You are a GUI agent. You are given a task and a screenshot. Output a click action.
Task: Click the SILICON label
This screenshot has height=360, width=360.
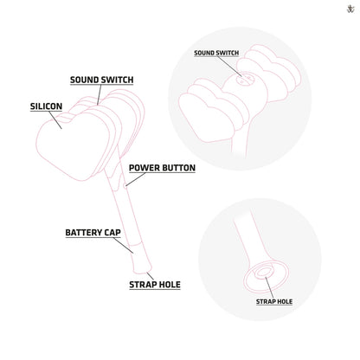click(x=46, y=106)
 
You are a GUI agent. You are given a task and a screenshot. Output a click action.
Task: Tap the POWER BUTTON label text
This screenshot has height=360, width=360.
click(x=162, y=168)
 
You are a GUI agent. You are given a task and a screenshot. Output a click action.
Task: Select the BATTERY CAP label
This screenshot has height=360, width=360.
click(x=93, y=233)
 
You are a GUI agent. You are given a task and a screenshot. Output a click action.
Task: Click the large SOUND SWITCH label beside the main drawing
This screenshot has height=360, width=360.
click(x=102, y=80)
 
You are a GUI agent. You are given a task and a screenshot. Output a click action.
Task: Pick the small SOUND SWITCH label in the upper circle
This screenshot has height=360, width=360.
click(x=216, y=53)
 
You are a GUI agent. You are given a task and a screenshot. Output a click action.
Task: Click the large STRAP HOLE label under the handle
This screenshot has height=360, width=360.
click(x=155, y=285)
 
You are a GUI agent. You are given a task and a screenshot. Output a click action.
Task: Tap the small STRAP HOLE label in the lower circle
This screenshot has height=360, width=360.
click(x=274, y=302)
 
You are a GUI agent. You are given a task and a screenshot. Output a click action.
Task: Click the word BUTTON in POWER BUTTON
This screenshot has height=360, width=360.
click(x=179, y=168)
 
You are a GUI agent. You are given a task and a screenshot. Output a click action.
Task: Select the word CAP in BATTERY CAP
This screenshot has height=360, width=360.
click(x=112, y=233)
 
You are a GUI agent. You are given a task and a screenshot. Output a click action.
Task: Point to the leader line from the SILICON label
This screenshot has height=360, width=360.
click(x=55, y=119)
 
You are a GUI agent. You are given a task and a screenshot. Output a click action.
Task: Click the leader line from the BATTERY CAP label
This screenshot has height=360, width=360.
click(x=123, y=245)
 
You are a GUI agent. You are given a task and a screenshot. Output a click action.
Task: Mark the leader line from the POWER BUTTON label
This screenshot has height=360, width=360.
click(x=136, y=179)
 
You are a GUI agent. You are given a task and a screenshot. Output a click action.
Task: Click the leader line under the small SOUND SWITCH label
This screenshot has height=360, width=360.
click(x=229, y=67)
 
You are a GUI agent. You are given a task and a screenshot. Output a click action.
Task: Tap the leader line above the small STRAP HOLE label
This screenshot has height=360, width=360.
click(x=269, y=287)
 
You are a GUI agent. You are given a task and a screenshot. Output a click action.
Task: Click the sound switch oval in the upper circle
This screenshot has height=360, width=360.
click(x=245, y=80)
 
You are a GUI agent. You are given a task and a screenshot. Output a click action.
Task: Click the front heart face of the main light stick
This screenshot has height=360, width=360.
click(x=75, y=145)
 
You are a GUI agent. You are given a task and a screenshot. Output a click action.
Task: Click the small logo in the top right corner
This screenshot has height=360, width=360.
click(x=350, y=10)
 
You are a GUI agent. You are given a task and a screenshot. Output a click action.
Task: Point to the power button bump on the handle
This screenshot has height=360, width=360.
click(x=125, y=185)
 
